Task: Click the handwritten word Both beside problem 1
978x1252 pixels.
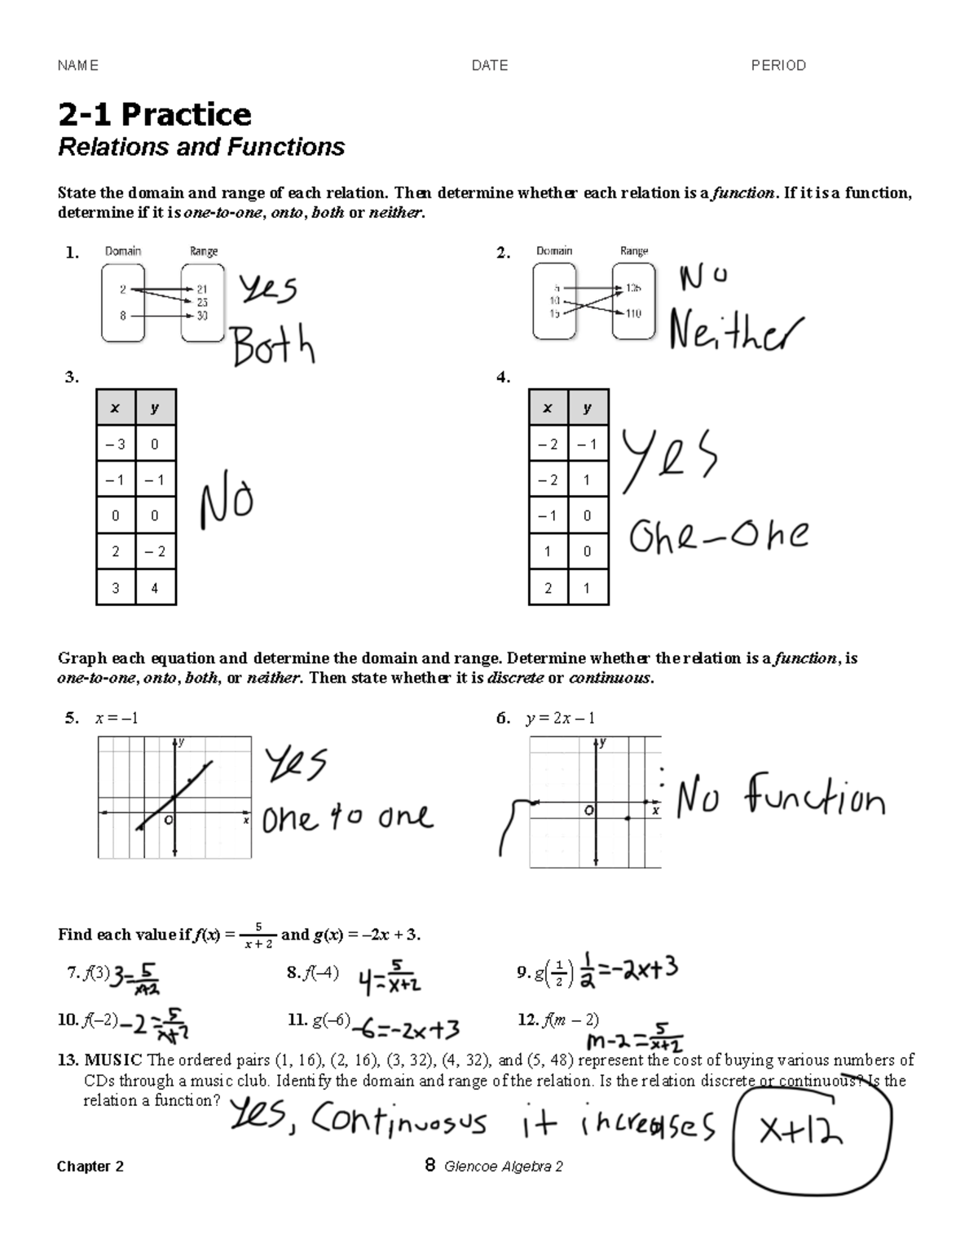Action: [x=273, y=347]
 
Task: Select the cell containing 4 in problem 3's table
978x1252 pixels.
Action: [x=155, y=587]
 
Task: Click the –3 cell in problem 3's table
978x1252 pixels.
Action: [x=116, y=445]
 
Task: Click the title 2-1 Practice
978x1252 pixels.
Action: [x=154, y=114]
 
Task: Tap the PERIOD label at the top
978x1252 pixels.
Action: [x=778, y=65]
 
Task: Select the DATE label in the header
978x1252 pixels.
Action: [x=489, y=65]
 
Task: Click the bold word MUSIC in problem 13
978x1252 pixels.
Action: [x=113, y=1060]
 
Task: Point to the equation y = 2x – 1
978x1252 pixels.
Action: [x=560, y=718]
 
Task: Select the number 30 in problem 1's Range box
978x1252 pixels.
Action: [x=201, y=316]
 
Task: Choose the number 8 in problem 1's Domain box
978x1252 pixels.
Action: [x=123, y=316]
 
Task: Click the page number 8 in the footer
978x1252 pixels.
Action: [x=430, y=1166]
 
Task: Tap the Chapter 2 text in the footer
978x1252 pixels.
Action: [x=90, y=1166]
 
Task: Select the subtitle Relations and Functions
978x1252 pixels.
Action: [x=201, y=147]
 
